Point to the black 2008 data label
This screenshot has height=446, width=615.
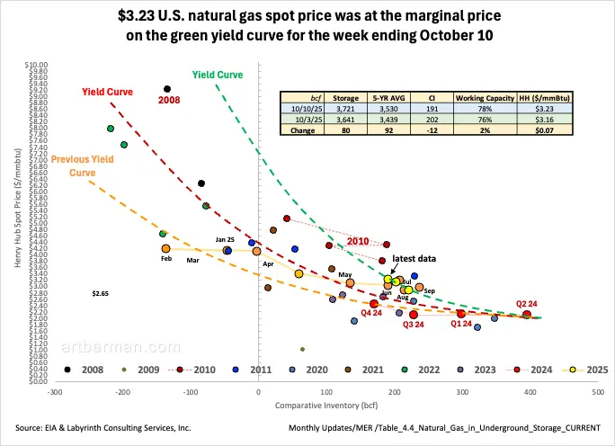169,100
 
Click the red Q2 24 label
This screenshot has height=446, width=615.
528,303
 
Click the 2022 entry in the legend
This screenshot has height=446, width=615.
421,370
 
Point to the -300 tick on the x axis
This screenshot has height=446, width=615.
55,392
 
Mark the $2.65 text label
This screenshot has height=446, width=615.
100,293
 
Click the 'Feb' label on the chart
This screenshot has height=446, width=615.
166,259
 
